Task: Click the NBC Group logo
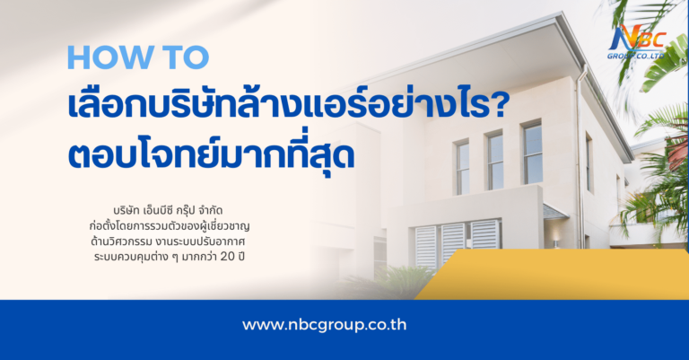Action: tap(641, 40)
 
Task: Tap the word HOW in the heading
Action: tap(105, 57)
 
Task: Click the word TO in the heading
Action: tap(181, 57)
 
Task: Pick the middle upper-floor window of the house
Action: tap(495, 160)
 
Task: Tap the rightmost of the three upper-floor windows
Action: tap(532, 152)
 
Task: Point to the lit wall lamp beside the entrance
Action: tap(557, 242)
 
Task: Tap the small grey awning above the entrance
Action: tap(554, 214)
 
